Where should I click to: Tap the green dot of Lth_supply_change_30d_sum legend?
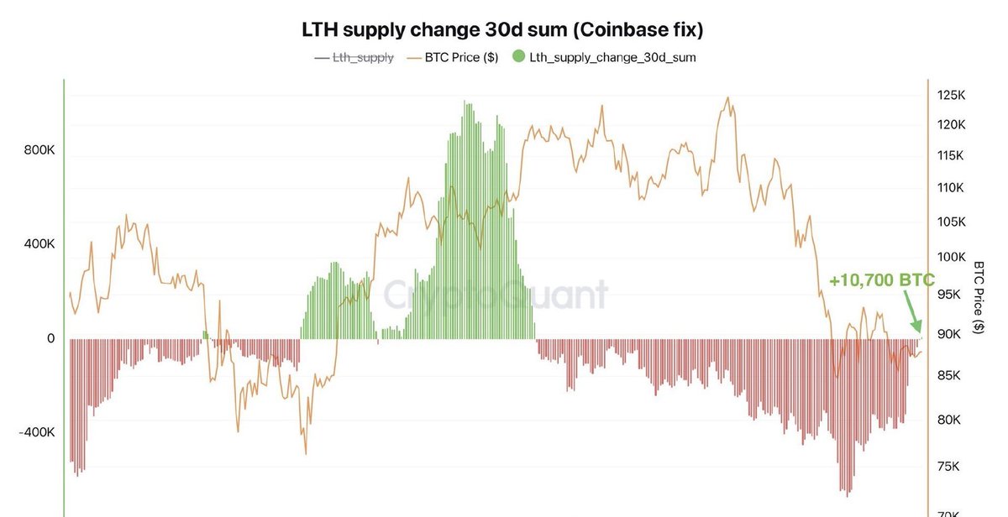(x=517, y=58)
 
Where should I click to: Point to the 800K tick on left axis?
(x=39, y=151)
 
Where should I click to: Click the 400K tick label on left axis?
(x=39, y=244)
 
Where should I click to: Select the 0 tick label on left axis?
(x=50, y=338)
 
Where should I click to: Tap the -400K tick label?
(x=37, y=432)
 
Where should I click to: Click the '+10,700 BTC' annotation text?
(x=881, y=281)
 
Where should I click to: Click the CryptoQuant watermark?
(x=496, y=295)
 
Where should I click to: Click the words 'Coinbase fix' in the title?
(x=639, y=30)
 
